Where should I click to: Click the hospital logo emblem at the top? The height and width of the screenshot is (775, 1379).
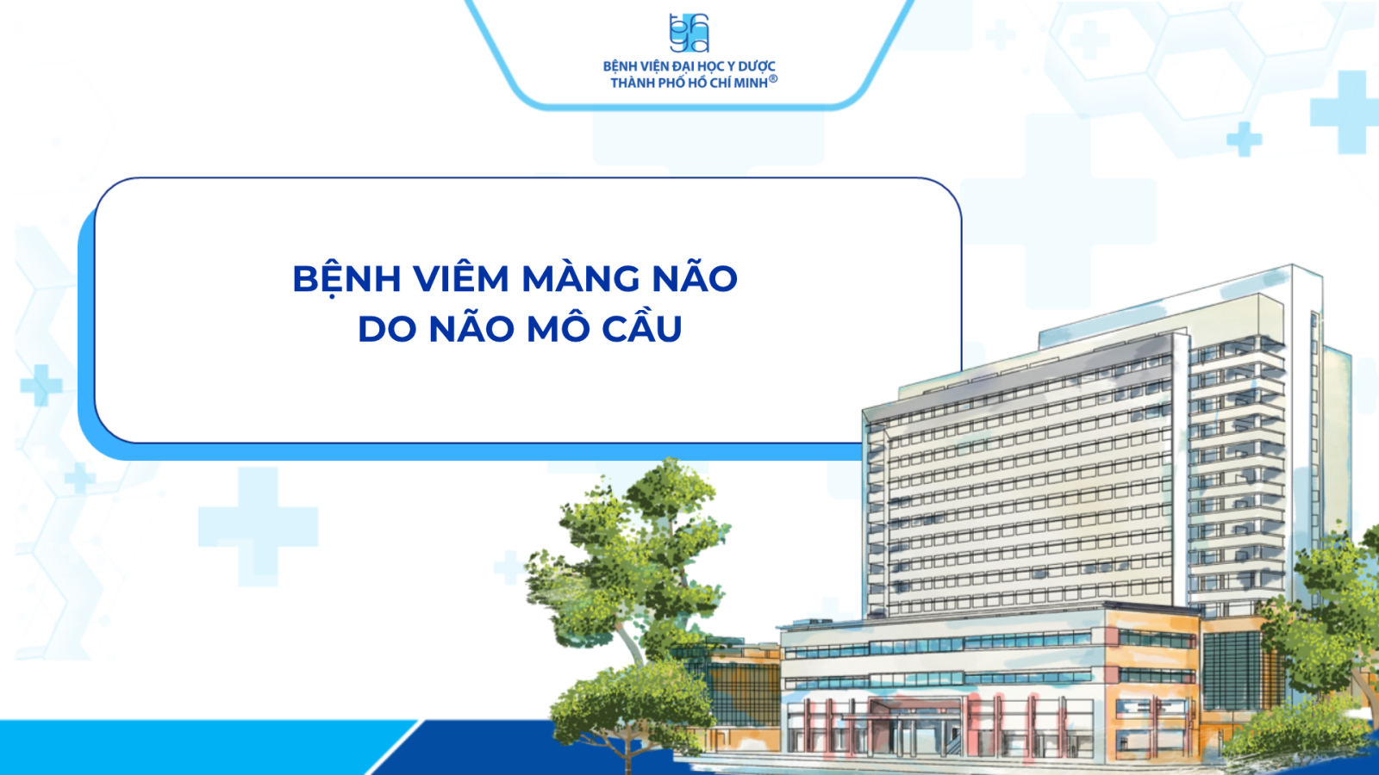pyautogui.click(x=689, y=34)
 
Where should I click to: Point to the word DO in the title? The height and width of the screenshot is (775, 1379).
pyautogui.click(x=383, y=329)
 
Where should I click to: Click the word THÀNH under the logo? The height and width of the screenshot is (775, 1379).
pyautogui.click(x=633, y=83)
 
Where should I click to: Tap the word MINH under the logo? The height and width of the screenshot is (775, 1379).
pyautogui.click(x=751, y=83)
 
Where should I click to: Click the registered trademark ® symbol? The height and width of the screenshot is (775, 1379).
pyautogui.click(x=773, y=78)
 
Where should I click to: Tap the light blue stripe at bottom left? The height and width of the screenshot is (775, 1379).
pyautogui.click(x=197, y=747)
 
